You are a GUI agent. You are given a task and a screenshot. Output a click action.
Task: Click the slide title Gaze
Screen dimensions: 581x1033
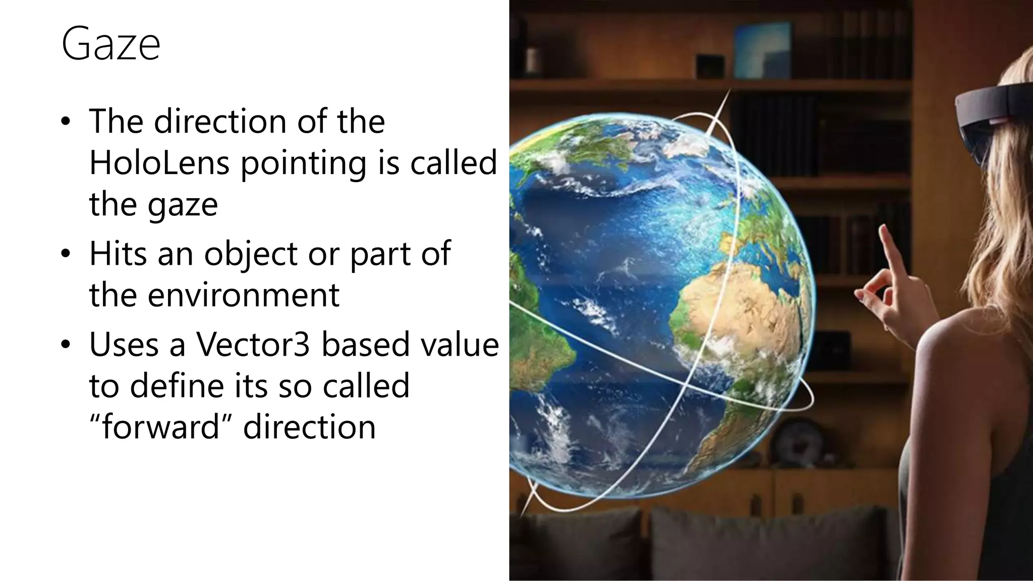point(110,44)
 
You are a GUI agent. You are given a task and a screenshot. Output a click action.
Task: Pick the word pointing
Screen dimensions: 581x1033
point(303,164)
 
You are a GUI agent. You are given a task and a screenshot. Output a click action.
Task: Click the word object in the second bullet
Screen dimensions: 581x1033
point(250,254)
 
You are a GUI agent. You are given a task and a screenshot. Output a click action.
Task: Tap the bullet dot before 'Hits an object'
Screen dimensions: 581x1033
point(65,254)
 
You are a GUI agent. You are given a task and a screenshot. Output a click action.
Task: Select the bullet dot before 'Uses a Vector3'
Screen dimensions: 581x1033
point(65,345)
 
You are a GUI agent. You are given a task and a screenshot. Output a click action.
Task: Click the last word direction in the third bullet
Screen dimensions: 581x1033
point(309,427)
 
